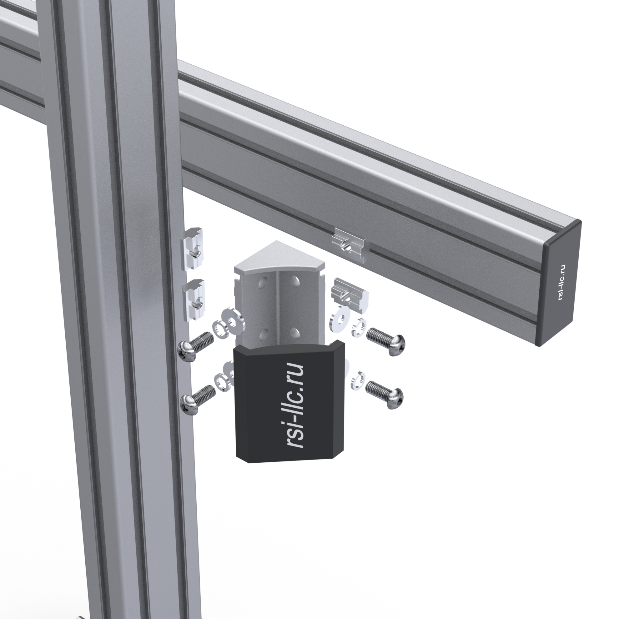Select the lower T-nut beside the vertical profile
coord(194,300)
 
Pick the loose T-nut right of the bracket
coord(350,295)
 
